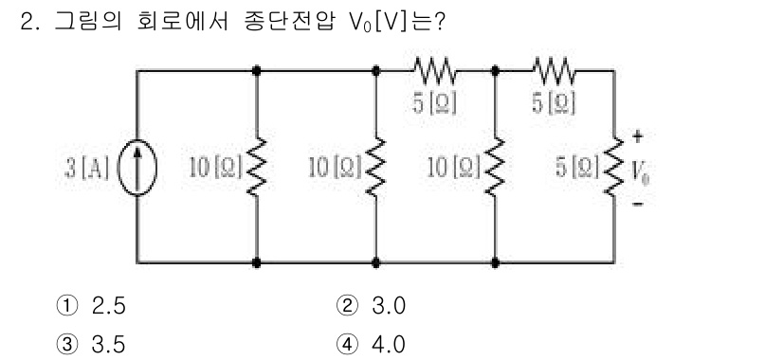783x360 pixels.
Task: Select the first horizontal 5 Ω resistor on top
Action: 435,70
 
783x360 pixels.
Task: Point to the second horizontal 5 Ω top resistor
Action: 554,70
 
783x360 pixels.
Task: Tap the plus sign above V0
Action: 636,135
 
